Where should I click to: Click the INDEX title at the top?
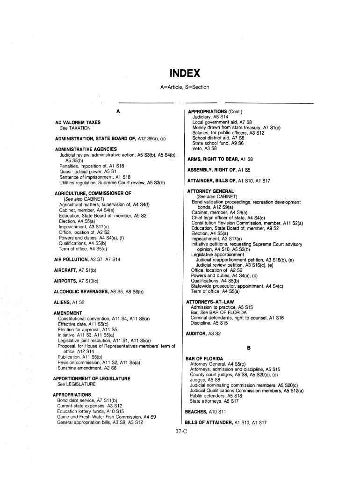pos(185,74)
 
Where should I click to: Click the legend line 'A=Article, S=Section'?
pos(184,87)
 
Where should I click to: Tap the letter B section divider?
pos(249,348)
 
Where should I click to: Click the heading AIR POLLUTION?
pos(72,259)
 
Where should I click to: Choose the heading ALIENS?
pos(62,302)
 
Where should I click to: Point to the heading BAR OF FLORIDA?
pos(204,358)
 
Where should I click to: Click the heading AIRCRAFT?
pos(65,270)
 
